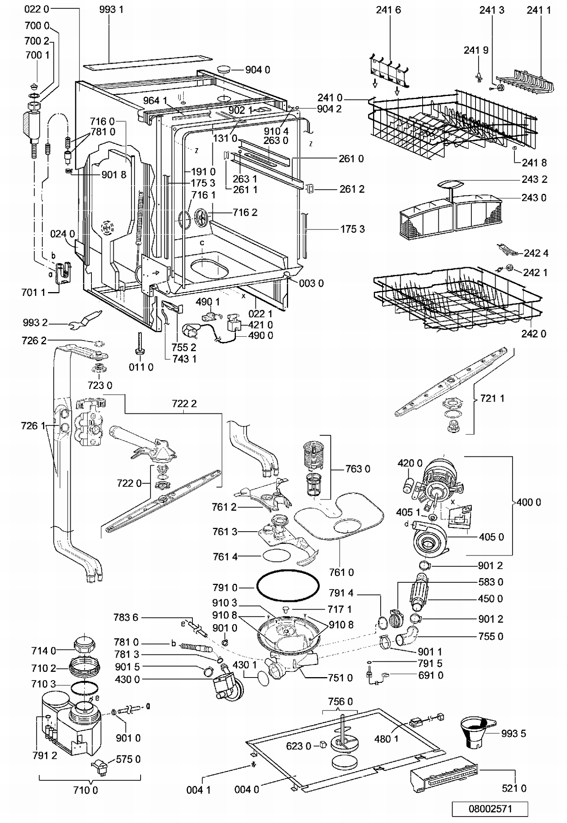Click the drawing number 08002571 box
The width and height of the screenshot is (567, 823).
(x=490, y=808)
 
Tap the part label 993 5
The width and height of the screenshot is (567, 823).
(x=513, y=733)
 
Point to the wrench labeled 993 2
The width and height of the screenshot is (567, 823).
(x=86, y=319)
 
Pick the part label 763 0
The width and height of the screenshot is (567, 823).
(x=358, y=469)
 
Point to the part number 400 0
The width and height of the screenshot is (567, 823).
(x=528, y=502)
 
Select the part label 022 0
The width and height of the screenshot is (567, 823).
(x=37, y=9)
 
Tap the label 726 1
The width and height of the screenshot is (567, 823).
(x=33, y=426)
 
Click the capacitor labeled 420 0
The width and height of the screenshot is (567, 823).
(x=408, y=485)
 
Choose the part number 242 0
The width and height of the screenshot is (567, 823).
(x=534, y=334)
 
